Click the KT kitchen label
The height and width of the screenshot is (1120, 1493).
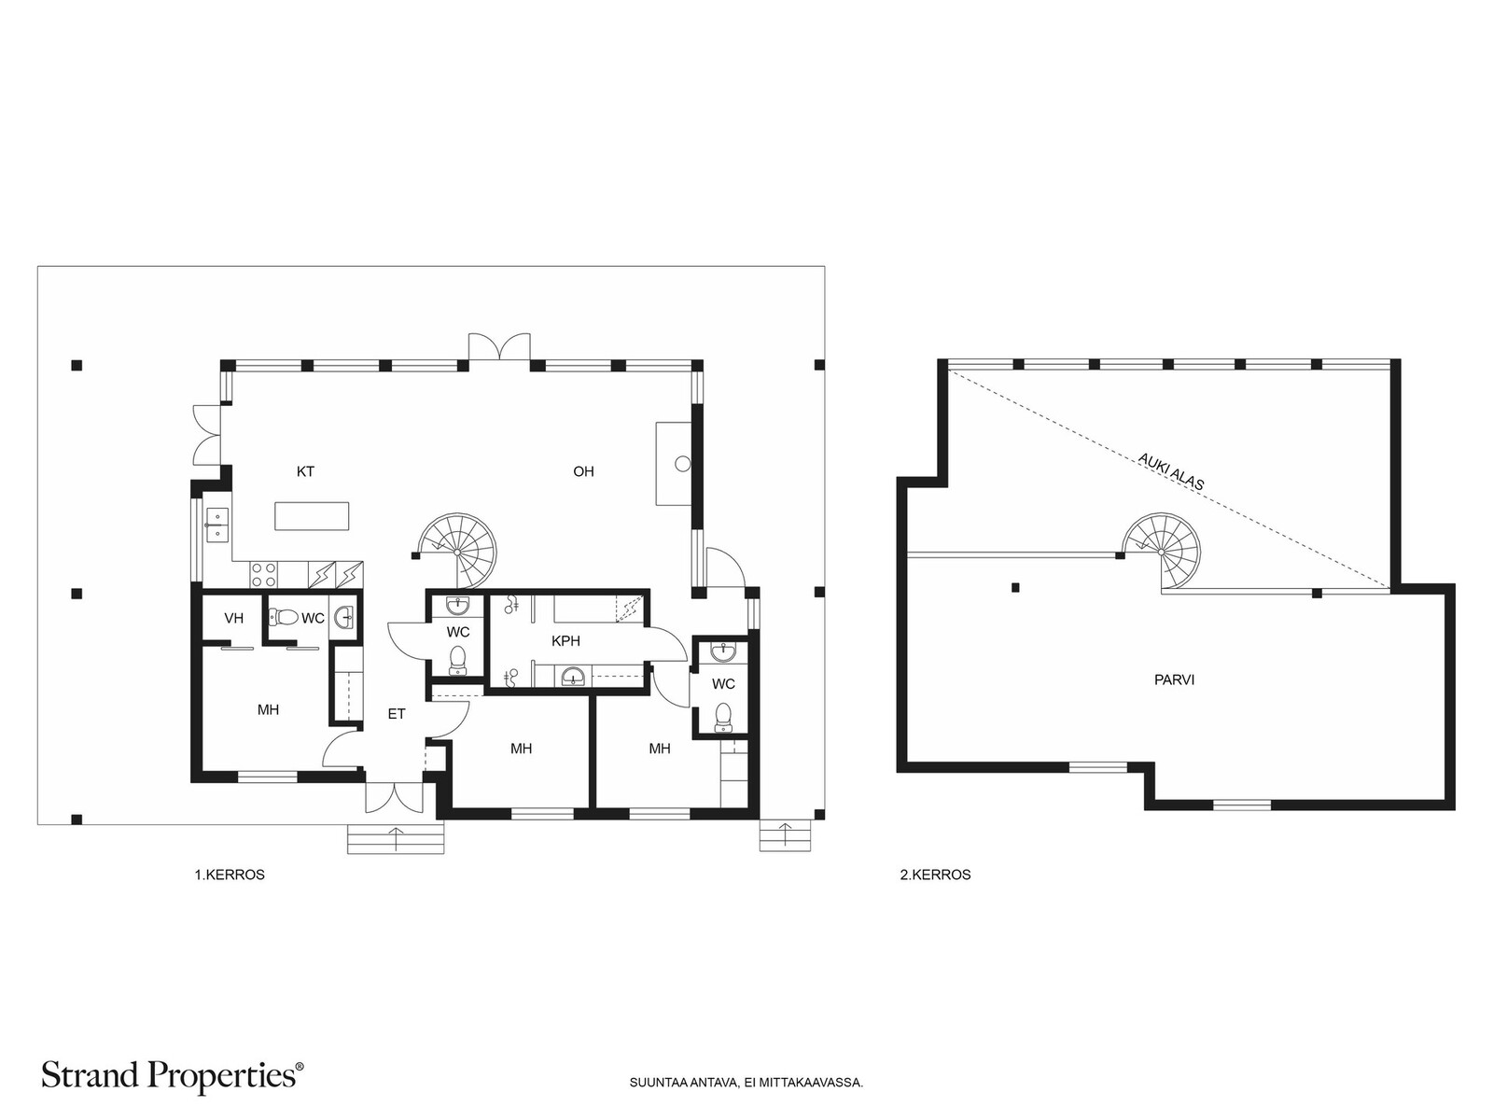(305, 471)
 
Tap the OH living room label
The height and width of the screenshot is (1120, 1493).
(583, 471)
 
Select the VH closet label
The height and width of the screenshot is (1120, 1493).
(234, 618)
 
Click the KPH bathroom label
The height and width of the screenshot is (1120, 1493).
(565, 640)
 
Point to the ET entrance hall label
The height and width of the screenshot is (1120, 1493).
(397, 714)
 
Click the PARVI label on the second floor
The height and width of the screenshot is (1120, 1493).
(1175, 679)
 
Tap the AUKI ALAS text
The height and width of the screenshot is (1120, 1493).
(1171, 472)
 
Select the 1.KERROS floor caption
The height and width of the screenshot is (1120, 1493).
(230, 875)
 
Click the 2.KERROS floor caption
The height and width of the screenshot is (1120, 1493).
(936, 875)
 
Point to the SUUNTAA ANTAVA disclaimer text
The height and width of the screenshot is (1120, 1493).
(746, 1083)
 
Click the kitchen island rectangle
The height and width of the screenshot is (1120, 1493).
(313, 515)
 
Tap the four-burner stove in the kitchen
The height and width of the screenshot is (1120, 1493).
(263, 574)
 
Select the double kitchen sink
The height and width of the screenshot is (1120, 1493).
(217, 525)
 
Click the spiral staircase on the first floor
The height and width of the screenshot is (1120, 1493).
(458, 550)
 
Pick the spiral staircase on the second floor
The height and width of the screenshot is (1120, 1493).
(1161, 552)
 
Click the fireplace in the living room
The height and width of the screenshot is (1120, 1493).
(674, 464)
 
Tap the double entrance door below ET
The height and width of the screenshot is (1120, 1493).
(395, 797)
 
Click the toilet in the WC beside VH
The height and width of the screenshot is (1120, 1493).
(285, 618)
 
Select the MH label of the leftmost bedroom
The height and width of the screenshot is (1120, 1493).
(268, 710)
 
